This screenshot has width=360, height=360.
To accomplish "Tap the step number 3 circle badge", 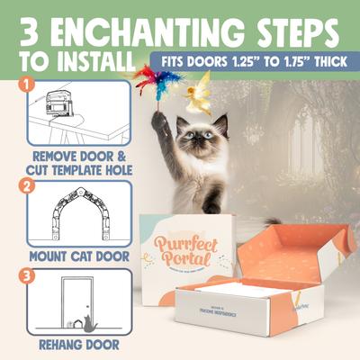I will [29, 273].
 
